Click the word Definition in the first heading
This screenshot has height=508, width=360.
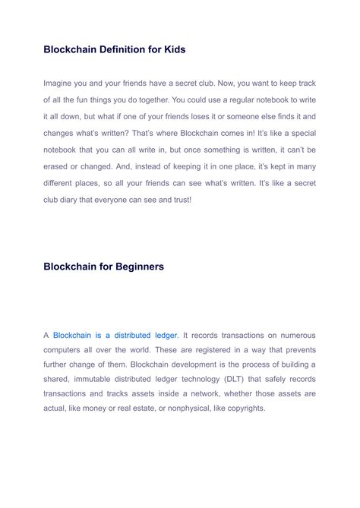(120, 49)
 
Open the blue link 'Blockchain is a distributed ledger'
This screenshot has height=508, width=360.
(115, 335)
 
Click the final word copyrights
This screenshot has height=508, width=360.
(242, 408)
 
